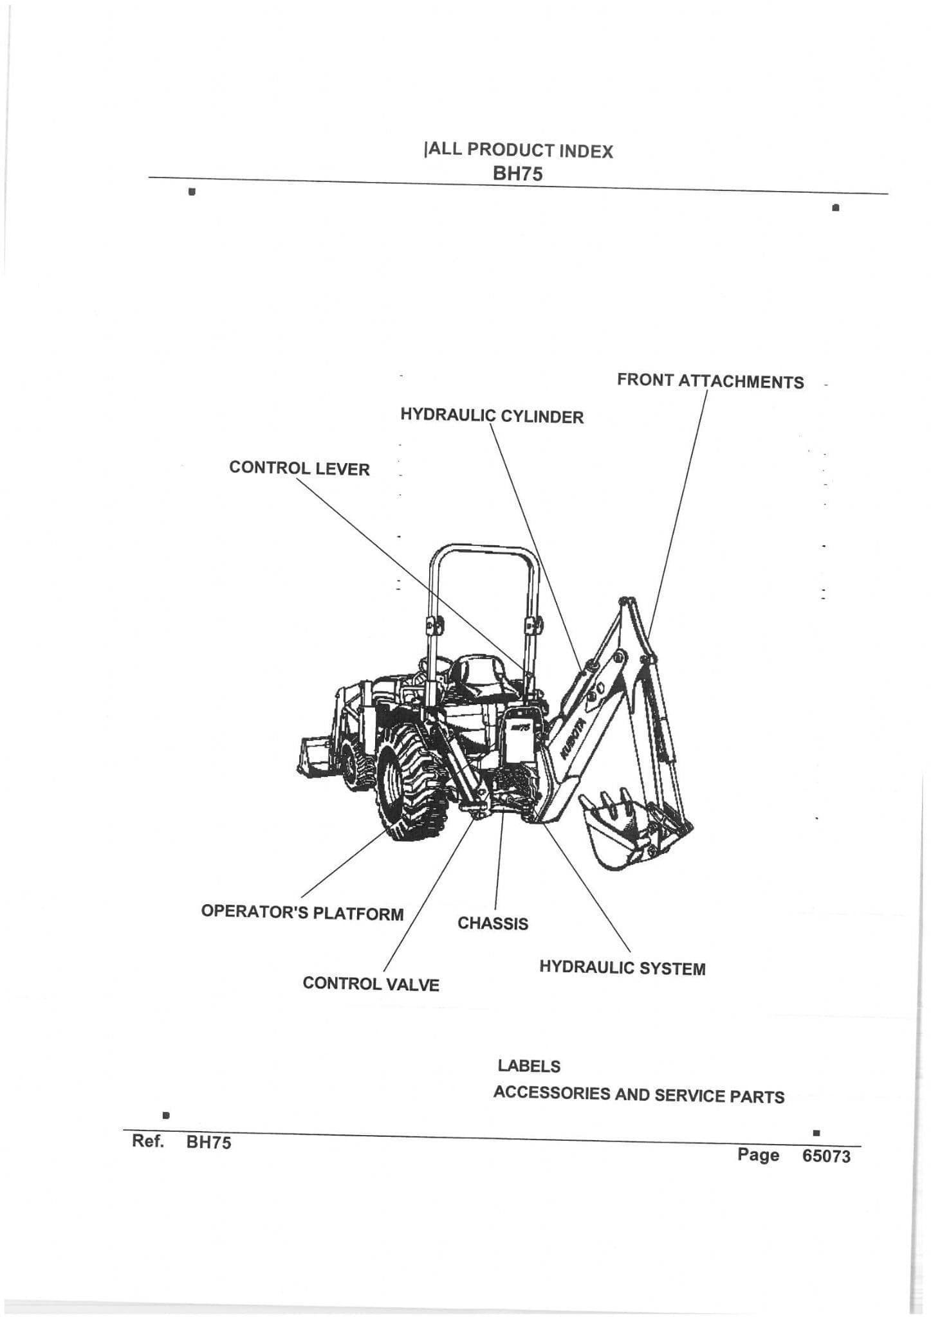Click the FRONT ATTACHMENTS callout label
point(710,381)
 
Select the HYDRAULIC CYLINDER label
point(492,416)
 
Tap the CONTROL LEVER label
point(299,468)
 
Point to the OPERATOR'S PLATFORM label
point(302,913)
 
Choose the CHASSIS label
point(492,923)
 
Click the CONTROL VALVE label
point(371,984)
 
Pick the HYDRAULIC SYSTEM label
point(622,968)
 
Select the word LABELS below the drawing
point(528,1066)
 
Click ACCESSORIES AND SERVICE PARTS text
point(638,1095)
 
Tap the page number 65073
point(826,1156)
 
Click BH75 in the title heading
point(517,174)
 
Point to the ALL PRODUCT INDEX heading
point(519,150)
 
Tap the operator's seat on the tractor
point(479,678)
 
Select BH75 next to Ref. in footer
point(208,1142)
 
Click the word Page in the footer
point(758,1155)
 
